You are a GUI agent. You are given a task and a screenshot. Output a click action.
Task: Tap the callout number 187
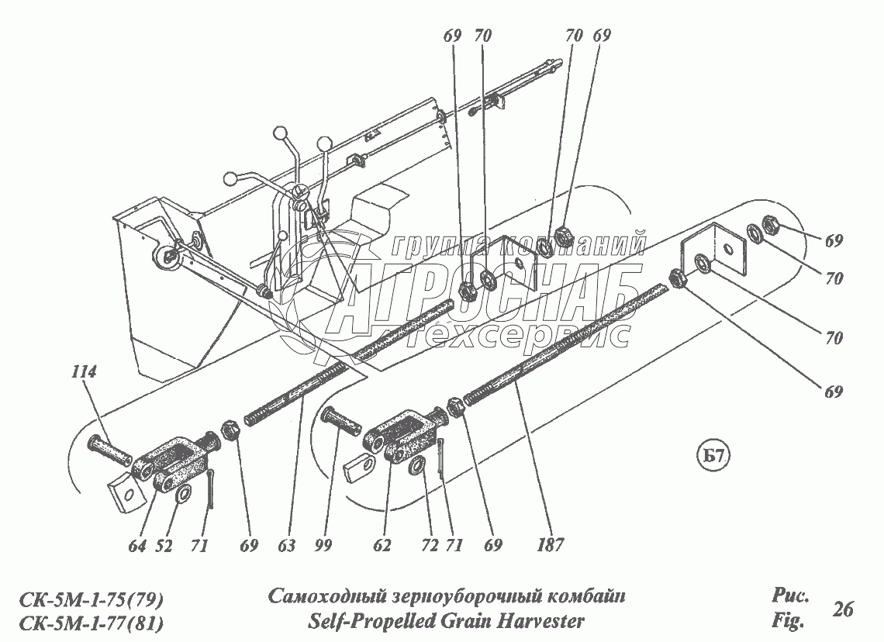pos(552,546)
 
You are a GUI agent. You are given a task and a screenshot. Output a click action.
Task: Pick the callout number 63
pos(286,546)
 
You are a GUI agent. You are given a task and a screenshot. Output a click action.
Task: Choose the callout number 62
pos(382,546)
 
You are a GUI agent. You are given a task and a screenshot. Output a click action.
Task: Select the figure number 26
pos(843,609)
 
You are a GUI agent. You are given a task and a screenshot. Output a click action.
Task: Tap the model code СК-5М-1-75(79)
pos(90,599)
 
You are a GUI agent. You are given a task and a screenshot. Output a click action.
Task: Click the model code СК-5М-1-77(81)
pos(90,622)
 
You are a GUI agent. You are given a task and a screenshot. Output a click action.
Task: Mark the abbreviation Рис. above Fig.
pos(790,596)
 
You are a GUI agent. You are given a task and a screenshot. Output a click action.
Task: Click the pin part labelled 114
pos(109,450)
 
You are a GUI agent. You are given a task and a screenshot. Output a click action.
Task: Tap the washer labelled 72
pos(416,466)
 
